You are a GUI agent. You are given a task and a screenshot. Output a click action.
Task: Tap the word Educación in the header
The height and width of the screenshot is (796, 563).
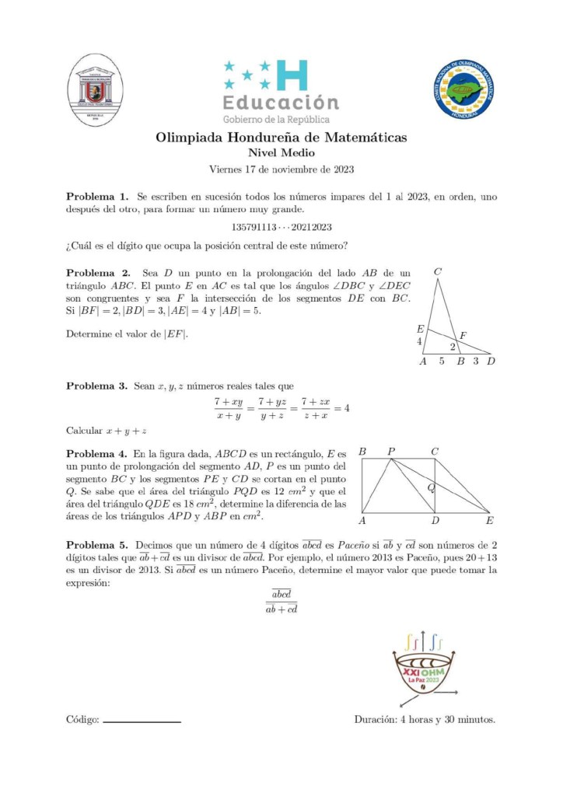(x=281, y=103)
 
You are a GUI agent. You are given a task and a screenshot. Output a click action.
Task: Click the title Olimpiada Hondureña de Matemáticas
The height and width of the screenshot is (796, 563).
(x=281, y=138)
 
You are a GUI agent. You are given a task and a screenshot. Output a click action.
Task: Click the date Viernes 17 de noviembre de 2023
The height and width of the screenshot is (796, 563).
(x=281, y=169)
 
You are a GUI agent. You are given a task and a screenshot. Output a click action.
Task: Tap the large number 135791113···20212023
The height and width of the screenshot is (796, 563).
(x=281, y=226)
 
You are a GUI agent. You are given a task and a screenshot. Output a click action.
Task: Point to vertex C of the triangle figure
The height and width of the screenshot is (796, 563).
(x=439, y=272)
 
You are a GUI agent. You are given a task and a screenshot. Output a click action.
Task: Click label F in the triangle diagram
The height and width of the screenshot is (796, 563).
(x=463, y=335)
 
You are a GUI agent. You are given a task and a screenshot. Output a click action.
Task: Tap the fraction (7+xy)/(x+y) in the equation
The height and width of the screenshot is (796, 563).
(x=229, y=408)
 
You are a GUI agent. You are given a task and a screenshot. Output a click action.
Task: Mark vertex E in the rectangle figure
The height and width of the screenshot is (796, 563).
(x=489, y=520)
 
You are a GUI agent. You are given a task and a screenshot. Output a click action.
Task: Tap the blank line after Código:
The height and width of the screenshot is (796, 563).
(x=142, y=721)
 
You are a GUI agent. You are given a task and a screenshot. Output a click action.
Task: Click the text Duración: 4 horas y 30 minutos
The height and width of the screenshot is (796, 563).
(x=425, y=719)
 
